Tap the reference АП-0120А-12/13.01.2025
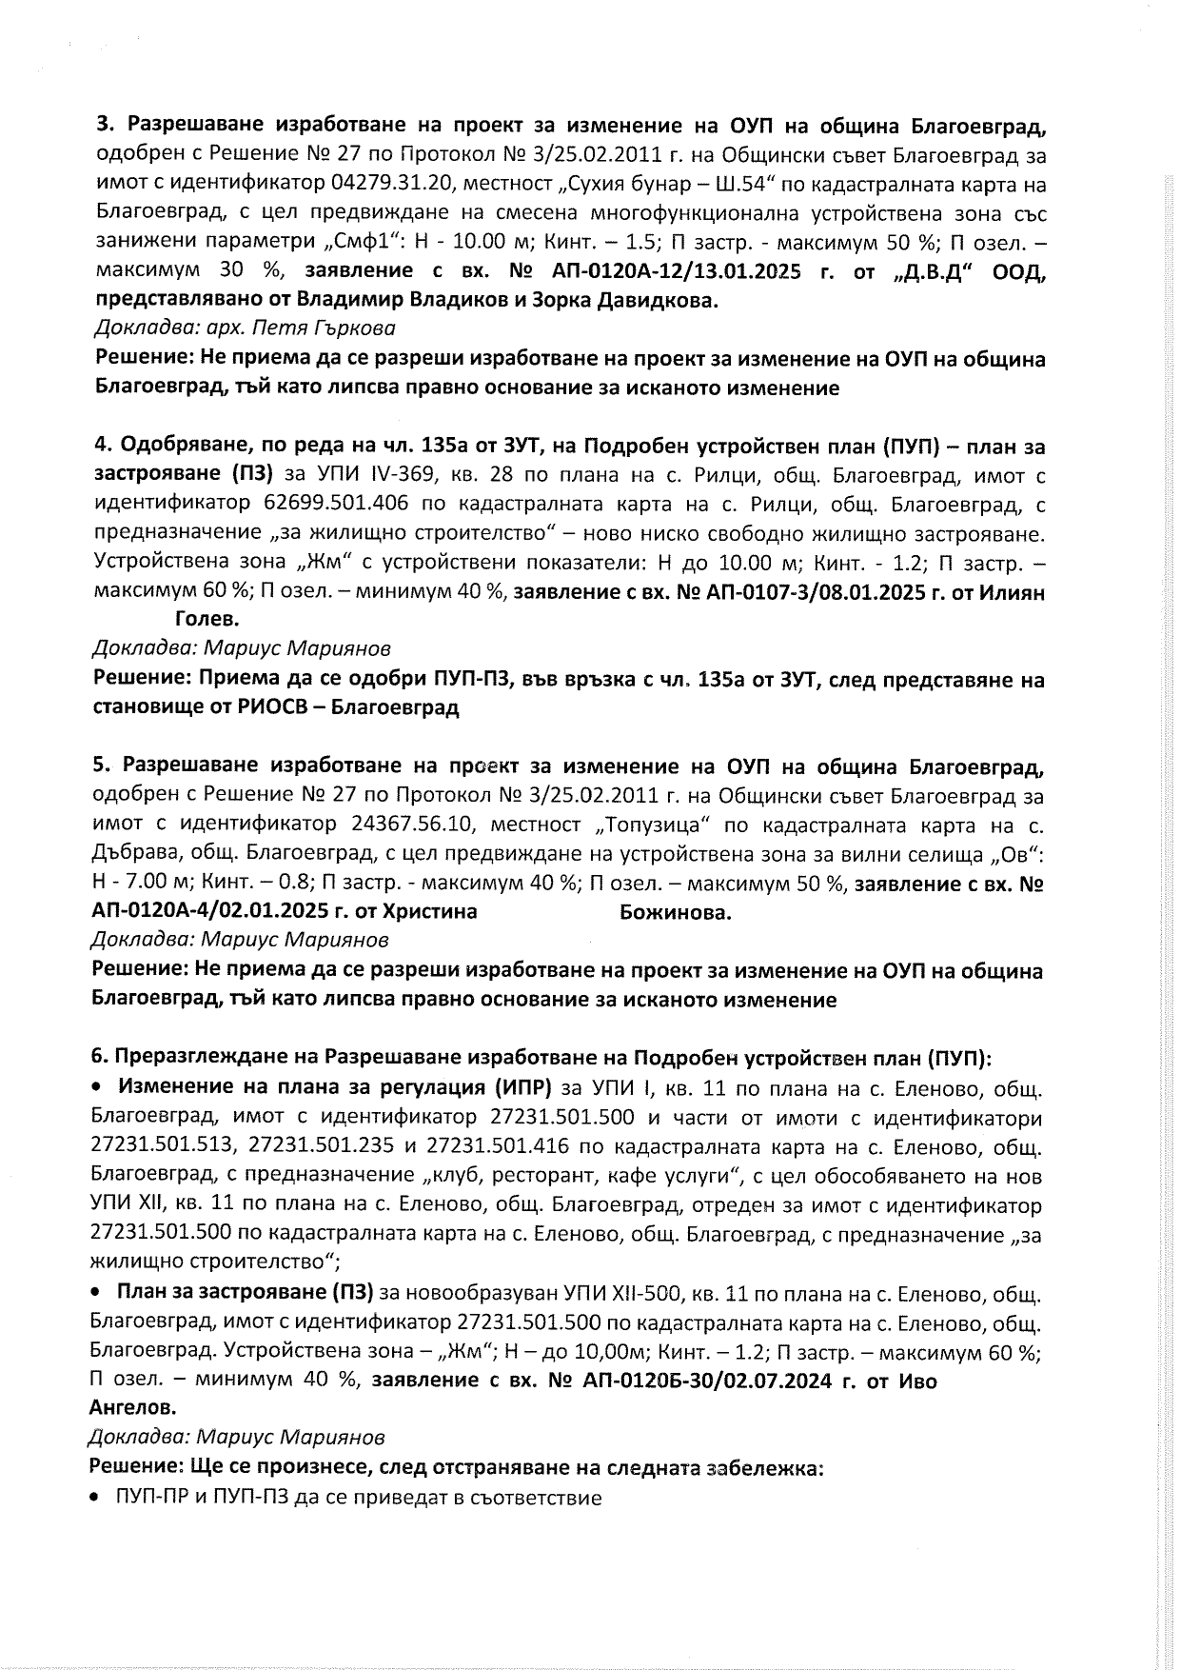677,271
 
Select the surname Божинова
675,912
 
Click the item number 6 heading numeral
96,1058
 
